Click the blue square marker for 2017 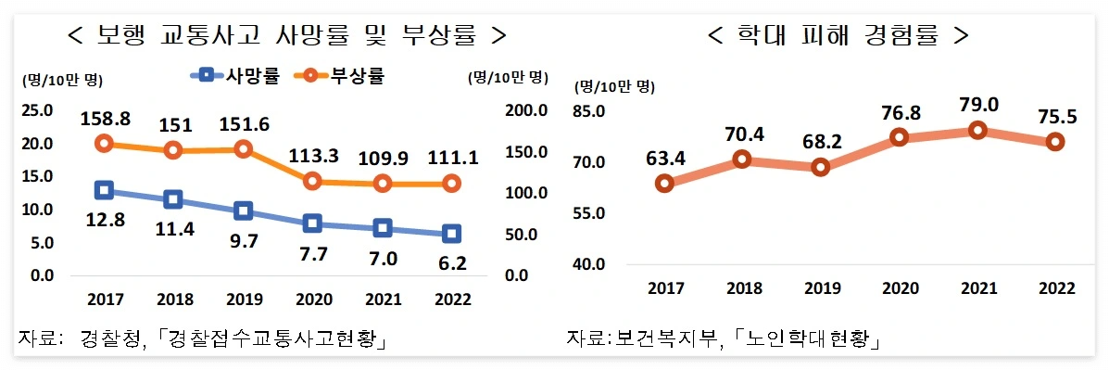click(104, 191)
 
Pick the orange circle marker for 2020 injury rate click(312, 182)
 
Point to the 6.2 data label click(451, 263)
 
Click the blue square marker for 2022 click(451, 234)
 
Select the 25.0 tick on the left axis click(37, 111)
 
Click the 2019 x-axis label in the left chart click(243, 300)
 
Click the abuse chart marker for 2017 click(664, 184)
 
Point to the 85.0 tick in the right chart click(589, 112)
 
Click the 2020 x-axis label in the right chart click(899, 288)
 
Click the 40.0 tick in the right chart click(589, 264)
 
